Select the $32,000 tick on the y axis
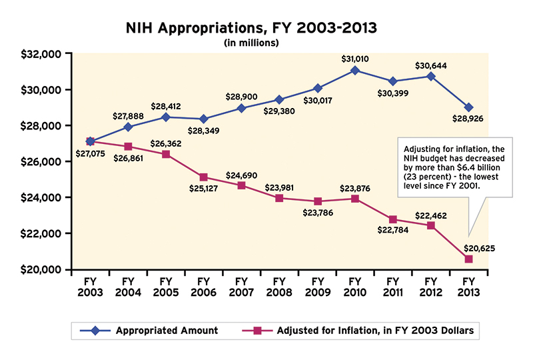[x=42, y=54]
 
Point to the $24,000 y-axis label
[x=42, y=198]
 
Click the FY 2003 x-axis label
[x=89, y=287]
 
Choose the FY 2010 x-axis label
[x=355, y=287]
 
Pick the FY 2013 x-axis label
[x=469, y=287]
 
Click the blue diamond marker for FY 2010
[x=355, y=71]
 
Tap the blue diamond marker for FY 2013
[x=469, y=107]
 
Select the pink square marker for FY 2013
[x=469, y=259]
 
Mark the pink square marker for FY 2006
[x=203, y=177]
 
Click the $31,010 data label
[x=355, y=58]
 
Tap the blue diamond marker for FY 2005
[x=165, y=117]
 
